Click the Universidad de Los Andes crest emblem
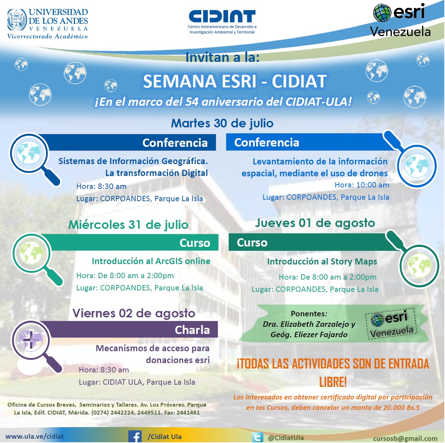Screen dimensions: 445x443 coord(17,20)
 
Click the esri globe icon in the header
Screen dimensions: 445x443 coord(382,13)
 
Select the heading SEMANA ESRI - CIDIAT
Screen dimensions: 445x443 coord(235,81)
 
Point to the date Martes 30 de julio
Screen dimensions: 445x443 coord(222,123)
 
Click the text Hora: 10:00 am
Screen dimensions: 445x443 coord(362,185)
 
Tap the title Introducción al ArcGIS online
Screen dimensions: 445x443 coord(151,261)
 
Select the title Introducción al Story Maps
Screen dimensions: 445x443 coord(322,262)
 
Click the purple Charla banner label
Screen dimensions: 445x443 coord(192,330)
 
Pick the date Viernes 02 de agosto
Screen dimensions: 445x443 coord(134,313)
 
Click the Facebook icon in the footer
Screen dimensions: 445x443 coord(135,436)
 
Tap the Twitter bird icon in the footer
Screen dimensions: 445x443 coord(257,437)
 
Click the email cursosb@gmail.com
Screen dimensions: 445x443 coord(405,438)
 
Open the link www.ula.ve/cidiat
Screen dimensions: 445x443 coord(35,436)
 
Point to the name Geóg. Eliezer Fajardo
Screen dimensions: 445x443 coord(309,335)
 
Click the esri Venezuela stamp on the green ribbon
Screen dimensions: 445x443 coord(391,324)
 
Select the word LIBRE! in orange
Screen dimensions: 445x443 coord(333,382)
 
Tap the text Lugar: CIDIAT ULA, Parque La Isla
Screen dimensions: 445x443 coord(137,382)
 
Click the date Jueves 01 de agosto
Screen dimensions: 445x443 coord(315,223)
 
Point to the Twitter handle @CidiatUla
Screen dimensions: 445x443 coord(286,438)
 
